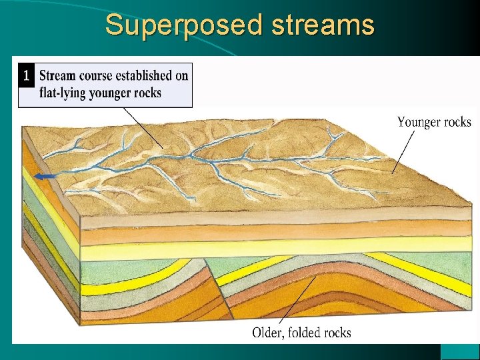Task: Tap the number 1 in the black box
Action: coord(26,75)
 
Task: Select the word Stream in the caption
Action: coord(58,75)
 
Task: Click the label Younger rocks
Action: coord(434,122)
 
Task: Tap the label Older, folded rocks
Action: coord(301,332)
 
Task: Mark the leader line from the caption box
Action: coord(143,127)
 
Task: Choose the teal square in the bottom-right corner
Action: coord(460,351)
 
